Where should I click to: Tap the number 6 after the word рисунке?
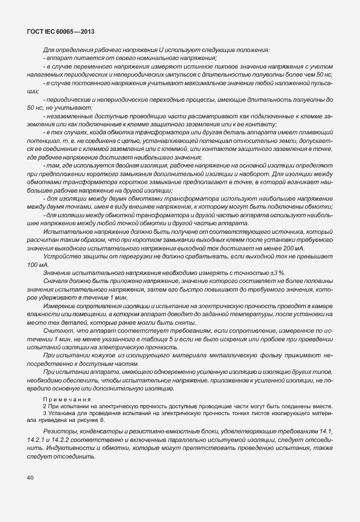[x=103, y=420]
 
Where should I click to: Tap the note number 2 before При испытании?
[x=45, y=405]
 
